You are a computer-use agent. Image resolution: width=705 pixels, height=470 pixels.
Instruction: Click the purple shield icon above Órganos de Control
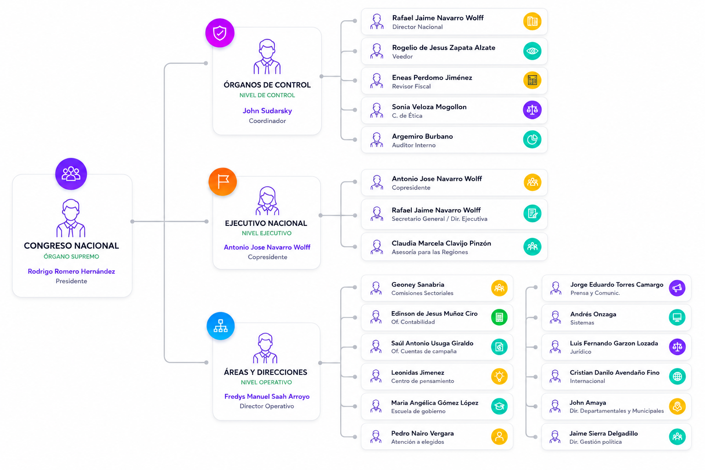tap(220, 33)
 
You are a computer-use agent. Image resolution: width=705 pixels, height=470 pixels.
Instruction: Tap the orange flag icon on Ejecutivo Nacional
tap(223, 182)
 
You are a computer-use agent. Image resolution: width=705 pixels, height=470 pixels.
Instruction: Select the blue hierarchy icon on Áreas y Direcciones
tap(221, 326)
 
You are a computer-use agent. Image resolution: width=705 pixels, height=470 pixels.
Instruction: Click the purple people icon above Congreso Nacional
tap(71, 174)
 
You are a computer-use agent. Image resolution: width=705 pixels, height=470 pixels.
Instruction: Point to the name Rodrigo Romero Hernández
tap(72, 271)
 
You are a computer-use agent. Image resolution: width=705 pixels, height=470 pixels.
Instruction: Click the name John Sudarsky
tap(267, 111)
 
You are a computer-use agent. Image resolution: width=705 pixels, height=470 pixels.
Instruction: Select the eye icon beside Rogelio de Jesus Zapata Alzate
tap(532, 51)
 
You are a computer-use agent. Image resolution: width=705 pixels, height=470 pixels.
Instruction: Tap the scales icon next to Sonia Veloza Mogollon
tap(532, 110)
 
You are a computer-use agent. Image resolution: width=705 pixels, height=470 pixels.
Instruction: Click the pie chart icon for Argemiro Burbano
tap(532, 140)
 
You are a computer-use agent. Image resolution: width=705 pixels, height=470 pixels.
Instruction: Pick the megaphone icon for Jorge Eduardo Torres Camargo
tap(677, 288)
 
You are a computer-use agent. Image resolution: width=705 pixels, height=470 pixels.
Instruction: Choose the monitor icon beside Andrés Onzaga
tap(677, 317)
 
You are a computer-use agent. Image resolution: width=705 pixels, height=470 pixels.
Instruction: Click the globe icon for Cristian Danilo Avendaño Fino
tap(677, 376)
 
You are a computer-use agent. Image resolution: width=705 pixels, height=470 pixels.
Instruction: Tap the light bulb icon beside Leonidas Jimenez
tap(499, 376)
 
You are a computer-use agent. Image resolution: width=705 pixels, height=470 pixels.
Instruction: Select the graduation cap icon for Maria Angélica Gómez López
tap(499, 406)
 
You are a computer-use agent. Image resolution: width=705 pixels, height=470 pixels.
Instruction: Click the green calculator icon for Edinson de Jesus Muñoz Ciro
tap(499, 317)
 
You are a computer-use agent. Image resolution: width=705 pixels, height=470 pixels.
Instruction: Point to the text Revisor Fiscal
tap(411, 86)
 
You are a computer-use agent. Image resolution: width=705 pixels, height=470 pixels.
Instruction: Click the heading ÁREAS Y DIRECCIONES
tap(266, 372)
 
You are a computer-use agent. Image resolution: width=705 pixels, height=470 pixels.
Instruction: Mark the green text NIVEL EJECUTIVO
tap(267, 233)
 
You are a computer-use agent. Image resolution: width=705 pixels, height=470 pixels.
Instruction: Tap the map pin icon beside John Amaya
tap(677, 406)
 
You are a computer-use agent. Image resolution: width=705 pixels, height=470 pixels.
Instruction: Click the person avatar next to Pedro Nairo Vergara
tap(376, 436)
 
